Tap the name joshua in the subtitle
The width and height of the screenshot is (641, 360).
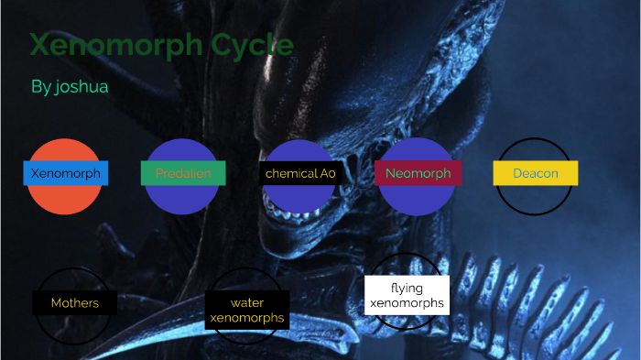click(81, 87)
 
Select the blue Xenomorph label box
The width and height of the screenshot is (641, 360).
click(66, 173)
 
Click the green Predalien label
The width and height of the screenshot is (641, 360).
click(183, 173)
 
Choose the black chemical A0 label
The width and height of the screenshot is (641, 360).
click(300, 173)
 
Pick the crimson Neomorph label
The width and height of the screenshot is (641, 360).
click(418, 173)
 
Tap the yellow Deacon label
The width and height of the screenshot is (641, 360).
click(536, 173)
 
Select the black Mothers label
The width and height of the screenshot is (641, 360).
click(74, 303)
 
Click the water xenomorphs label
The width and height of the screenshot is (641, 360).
click(247, 311)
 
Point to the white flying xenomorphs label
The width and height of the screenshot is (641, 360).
click(407, 295)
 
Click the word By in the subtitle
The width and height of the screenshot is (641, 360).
click(40, 87)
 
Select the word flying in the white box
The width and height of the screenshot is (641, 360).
click(407, 288)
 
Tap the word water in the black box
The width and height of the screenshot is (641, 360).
click(247, 303)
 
